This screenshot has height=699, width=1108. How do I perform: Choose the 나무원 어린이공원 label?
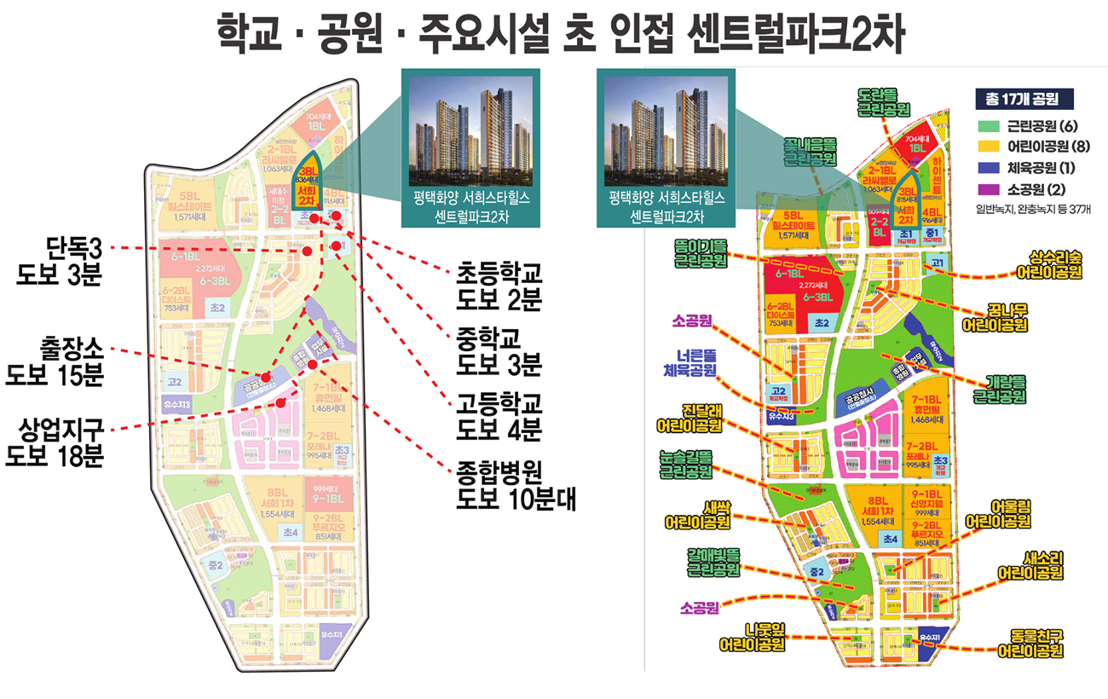[752, 637]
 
